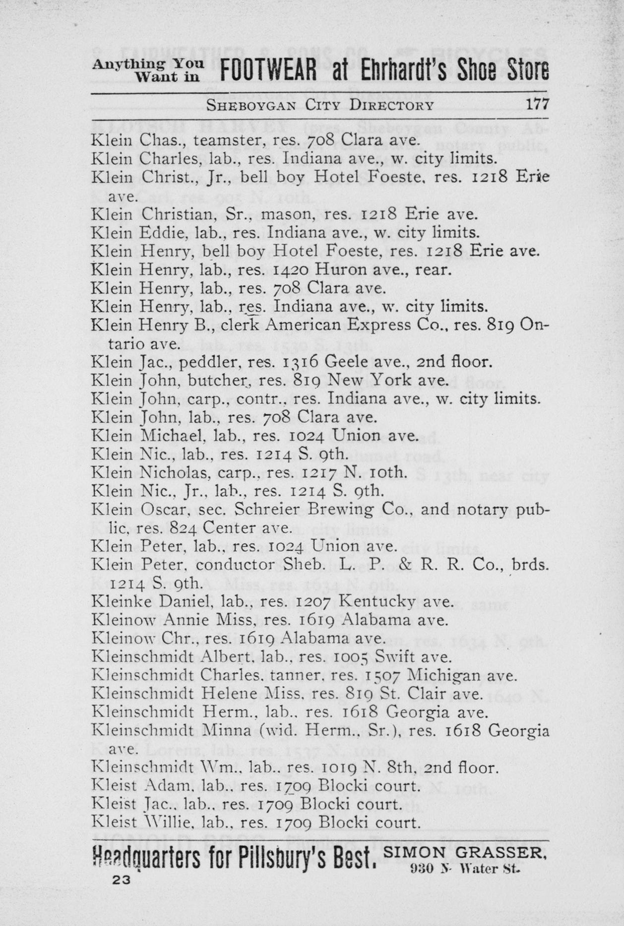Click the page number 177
[538, 105]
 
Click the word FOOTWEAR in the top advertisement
[268, 71]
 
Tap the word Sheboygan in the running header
[251, 105]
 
